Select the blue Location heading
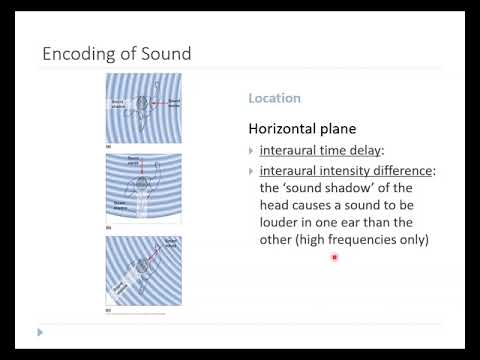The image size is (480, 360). [274, 99]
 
